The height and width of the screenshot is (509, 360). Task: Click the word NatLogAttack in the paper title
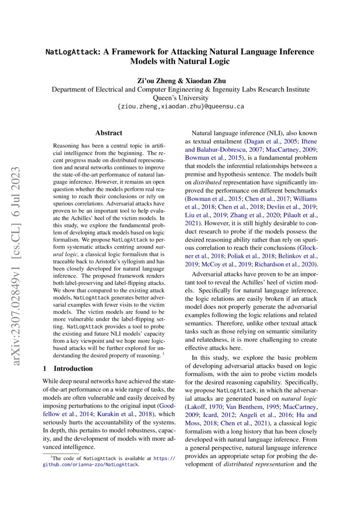click(x=72, y=52)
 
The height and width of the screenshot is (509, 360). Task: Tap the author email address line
click(x=181, y=106)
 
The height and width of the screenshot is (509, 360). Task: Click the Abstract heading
click(x=108, y=133)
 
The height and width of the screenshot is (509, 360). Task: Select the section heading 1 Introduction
click(x=67, y=368)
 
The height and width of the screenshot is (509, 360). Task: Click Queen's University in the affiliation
click(x=181, y=98)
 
